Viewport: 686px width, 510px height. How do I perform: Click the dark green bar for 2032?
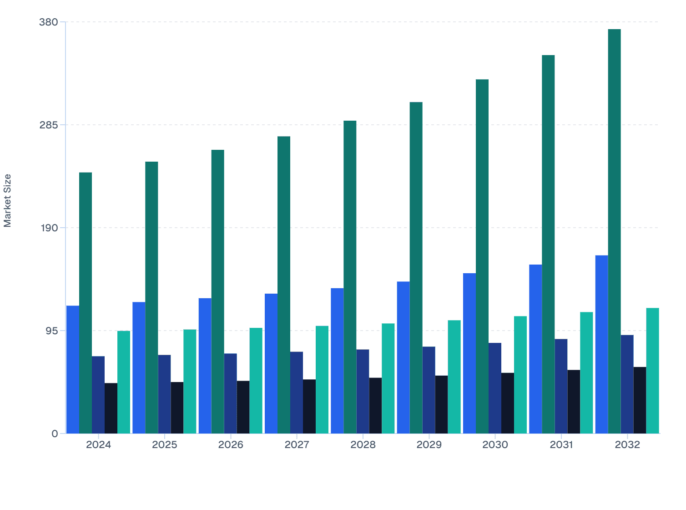tap(614, 231)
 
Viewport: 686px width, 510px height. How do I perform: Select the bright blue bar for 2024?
tap(73, 369)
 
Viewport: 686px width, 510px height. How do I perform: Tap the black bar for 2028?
tap(375, 405)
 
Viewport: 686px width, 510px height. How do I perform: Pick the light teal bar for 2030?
tap(520, 375)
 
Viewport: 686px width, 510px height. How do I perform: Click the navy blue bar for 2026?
tap(230, 393)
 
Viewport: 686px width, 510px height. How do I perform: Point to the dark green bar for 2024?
tap(86, 303)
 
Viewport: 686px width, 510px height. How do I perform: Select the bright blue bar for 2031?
tap(535, 349)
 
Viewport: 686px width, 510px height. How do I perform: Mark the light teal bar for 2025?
tap(190, 381)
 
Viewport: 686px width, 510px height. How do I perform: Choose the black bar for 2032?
tap(640, 400)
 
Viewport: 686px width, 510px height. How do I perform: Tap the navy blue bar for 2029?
tap(429, 390)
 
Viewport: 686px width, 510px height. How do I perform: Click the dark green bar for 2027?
tap(284, 285)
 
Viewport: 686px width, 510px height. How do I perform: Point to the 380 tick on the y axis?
tap(49, 22)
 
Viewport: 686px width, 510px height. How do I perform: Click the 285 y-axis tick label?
tap(49, 125)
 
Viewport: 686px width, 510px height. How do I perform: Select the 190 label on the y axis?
tap(49, 228)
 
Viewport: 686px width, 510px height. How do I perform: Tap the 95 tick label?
tap(52, 331)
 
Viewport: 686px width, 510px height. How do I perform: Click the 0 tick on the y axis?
tap(55, 433)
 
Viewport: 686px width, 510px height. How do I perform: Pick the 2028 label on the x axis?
tap(363, 445)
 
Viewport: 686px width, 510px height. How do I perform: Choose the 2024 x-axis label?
tap(98, 445)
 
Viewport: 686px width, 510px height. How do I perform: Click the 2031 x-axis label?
tap(561, 445)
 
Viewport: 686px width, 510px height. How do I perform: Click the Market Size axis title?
tap(8, 200)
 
